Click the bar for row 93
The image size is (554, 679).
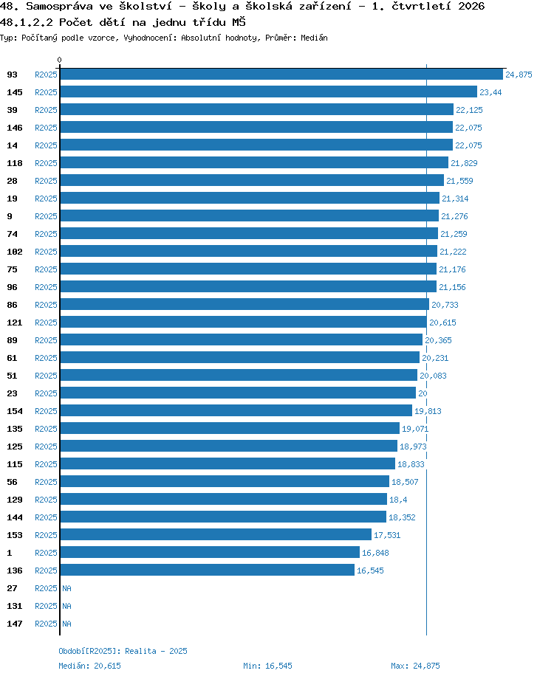(x=281, y=74)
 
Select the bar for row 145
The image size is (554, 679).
(x=268, y=92)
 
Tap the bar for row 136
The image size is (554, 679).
(x=208, y=570)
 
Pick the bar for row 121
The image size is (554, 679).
(x=243, y=323)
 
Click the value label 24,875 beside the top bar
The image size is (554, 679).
(x=519, y=75)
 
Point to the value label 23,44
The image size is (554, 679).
(x=490, y=92)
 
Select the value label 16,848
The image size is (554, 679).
(x=375, y=553)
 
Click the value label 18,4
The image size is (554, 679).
(x=398, y=500)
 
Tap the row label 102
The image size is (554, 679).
(x=14, y=252)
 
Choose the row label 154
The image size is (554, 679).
(x=14, y=411)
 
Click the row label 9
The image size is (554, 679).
(x=10, y=216)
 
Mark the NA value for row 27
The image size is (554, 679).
(x=66, y=588)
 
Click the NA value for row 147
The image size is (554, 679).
(x=66, y=624)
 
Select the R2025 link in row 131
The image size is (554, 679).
(x=46, y=606)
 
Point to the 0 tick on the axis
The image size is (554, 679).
(x=59, y=60)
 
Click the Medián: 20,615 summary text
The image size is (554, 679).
(x=89, y=666)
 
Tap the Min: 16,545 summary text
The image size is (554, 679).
(x=267, y=666)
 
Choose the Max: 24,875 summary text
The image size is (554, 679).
(x=415, y=666)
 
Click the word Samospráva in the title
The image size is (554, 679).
(x=59, y=6)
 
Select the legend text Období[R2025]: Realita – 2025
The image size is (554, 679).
(x=123, y=651)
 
